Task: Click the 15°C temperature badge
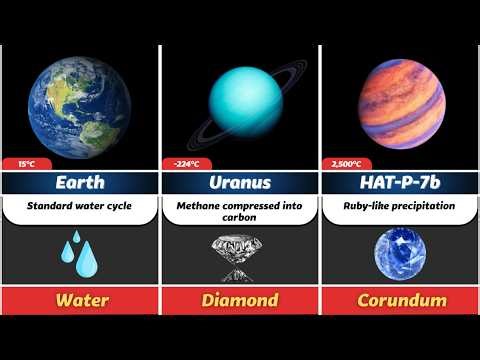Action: point(21,164)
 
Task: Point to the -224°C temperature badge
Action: point(182,164)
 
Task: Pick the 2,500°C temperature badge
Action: point(343,164)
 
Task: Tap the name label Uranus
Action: point(239,183)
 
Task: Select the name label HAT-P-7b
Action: point(399,183)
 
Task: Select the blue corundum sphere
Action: point(399,253)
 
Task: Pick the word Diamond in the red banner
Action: point(239,300)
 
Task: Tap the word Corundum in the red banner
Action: point(399,300)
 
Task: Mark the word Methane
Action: point(197,205)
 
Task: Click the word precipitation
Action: point(422,205)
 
